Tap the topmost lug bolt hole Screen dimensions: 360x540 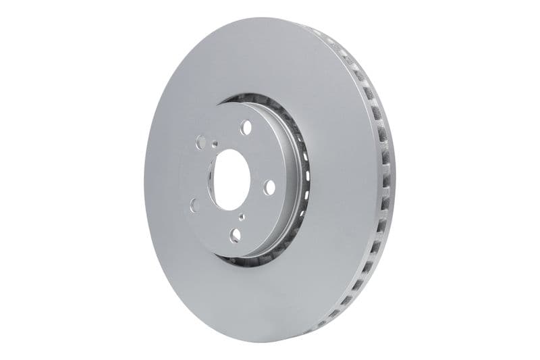pyautogui.click(x=245, y=127)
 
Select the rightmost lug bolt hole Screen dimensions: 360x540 pyautogui.click(x=269, y=187)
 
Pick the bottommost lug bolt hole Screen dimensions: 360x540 pyautogui.click(x=236, y=234)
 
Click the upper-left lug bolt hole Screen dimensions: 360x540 pyautogui.click(x=200, y=142)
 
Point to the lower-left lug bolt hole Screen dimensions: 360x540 pyautogui.click(x=194, y=204)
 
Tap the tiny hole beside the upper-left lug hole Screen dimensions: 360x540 pyautogui.click(x=215, y=143)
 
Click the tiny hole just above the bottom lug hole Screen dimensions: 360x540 pyautogui.click(x=242, y=217)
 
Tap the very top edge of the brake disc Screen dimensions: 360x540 pyautogui.click(x=270, y=19)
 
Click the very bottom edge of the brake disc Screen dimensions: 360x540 pyautogui.click(x=270, y=342)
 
